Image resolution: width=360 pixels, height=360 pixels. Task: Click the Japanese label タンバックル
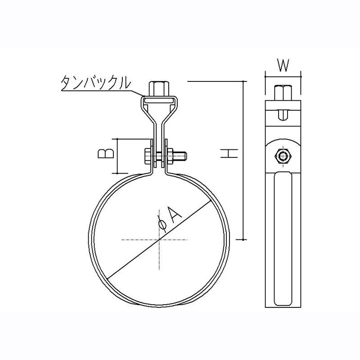pyautogui.click(x=96, y=83)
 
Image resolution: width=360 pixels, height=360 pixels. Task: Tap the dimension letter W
pyautogui.click(x=283, y=65)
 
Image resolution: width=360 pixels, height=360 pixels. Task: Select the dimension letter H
pyautogui.click(x=229, y=153)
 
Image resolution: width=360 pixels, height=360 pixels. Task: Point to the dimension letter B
pyautogui.click(x=105, y=153)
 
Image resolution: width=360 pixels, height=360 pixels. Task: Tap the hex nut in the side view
pyautogui.click(x=283, y=157)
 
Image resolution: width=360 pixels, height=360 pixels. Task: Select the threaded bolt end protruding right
pyautogui.click(x=180, y=157)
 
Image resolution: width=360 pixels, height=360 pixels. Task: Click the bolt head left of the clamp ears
pyautogui.click(x=148, y=157)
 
